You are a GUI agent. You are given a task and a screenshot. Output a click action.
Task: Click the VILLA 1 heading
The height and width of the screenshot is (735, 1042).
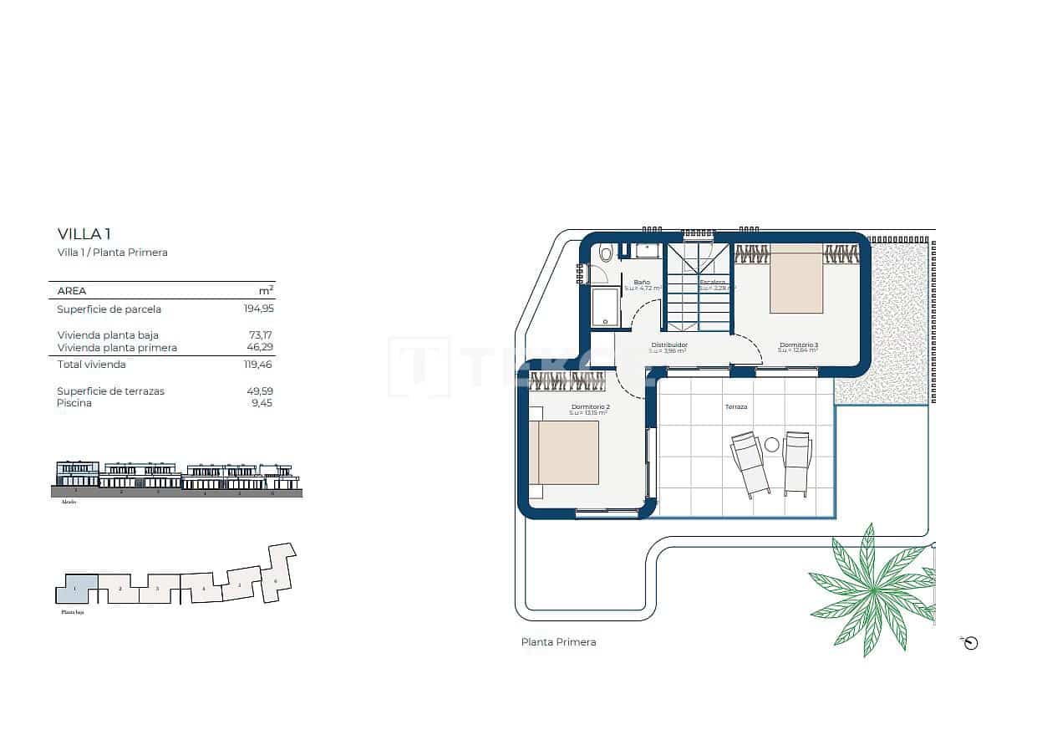point(84,234)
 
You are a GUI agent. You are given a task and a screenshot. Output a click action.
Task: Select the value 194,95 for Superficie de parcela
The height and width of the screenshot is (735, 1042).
point(259,309)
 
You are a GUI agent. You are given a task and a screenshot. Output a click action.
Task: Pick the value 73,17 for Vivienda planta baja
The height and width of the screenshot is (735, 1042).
point(262,334)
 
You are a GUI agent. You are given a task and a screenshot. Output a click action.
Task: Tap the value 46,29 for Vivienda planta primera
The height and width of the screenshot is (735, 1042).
point(261,347)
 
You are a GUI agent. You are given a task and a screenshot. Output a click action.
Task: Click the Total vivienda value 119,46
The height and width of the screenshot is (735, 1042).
point(259,365)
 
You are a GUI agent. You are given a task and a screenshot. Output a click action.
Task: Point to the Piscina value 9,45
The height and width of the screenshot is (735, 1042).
point(264,403)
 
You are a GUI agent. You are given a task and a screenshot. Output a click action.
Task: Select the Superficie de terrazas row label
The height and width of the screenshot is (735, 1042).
point(110,391)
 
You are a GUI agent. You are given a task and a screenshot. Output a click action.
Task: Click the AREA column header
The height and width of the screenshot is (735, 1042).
point(72,291)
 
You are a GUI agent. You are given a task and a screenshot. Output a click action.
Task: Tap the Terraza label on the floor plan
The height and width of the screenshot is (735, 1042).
point(736,407)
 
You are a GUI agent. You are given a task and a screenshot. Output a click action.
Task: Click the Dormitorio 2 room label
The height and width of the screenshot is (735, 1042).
point(591,407)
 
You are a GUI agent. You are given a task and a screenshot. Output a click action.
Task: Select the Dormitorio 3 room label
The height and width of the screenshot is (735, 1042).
point(798,345)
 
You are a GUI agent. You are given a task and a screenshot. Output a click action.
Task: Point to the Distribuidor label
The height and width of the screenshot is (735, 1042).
point(669,345)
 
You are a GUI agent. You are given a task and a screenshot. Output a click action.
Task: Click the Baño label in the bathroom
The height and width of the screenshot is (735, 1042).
point(642,283)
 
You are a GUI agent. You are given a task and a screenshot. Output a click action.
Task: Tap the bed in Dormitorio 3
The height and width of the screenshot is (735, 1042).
point(796,283)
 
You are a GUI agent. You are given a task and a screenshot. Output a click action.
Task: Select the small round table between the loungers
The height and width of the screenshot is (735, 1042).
point(771,445)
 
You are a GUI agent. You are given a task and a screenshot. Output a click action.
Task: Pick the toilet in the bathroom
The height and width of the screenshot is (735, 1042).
point(606,253)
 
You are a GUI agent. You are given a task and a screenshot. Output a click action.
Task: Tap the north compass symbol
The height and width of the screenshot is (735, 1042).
point(970,643)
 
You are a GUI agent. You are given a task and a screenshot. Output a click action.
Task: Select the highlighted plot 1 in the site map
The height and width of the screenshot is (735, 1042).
point(76,590)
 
